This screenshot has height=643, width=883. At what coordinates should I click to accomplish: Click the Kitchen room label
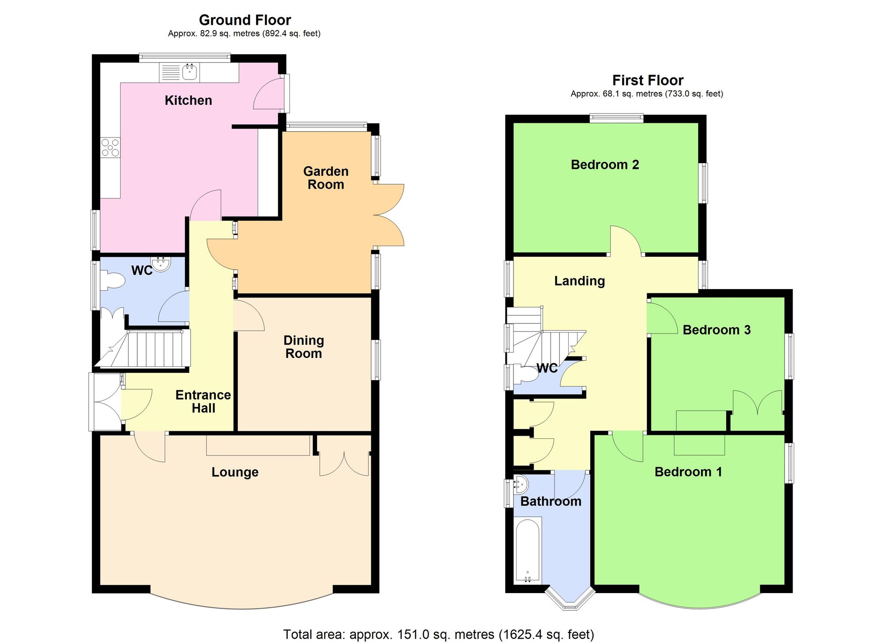(188, 100)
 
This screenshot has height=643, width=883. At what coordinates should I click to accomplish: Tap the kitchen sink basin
(190, 72)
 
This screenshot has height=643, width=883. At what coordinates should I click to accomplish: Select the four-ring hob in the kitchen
(110, 148)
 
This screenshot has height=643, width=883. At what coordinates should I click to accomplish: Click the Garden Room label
(326, 178)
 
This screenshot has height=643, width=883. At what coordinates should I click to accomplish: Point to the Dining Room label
(304, 347)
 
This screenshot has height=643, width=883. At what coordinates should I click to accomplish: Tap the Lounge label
(235, 472)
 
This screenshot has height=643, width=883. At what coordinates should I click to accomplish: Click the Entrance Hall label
(203, 401)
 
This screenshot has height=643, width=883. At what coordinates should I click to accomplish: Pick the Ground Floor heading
(245, 20)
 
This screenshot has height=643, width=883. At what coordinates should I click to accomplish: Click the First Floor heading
(648, 80)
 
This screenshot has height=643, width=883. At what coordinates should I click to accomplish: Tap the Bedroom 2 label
(605, 165)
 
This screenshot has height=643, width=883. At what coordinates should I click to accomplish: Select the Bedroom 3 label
(717, 330)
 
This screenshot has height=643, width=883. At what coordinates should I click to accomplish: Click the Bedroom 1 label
(688, 472)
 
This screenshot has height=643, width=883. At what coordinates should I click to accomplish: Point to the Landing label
(580, 281)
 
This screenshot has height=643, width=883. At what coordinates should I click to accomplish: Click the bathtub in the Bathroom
(528, 550)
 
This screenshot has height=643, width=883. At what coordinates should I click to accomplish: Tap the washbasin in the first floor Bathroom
(521, 485)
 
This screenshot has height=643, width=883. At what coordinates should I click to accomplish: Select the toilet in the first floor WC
(528, 375)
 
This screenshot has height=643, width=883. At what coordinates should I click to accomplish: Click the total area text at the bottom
(438, 635)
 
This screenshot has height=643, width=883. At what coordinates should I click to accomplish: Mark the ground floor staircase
(146, 349)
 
